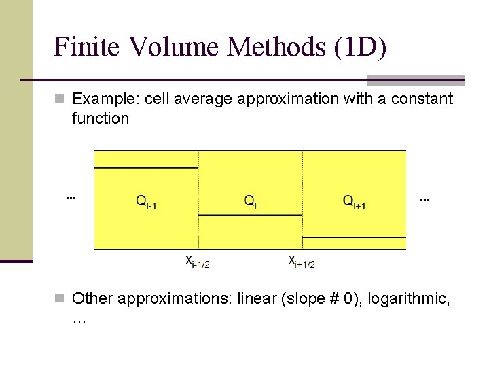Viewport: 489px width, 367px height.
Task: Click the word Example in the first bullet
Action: tap(102, 99)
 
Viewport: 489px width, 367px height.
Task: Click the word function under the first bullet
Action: tap(100, 119)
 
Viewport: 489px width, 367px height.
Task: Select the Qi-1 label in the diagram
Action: tap(147, 201)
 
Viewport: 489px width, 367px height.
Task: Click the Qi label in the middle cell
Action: tap(250, 201)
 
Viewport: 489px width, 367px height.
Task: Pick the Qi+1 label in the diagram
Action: tap(354, 201)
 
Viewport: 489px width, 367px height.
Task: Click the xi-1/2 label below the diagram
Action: tap(198, 261)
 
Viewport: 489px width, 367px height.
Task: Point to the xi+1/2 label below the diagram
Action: tap(302, 261)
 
